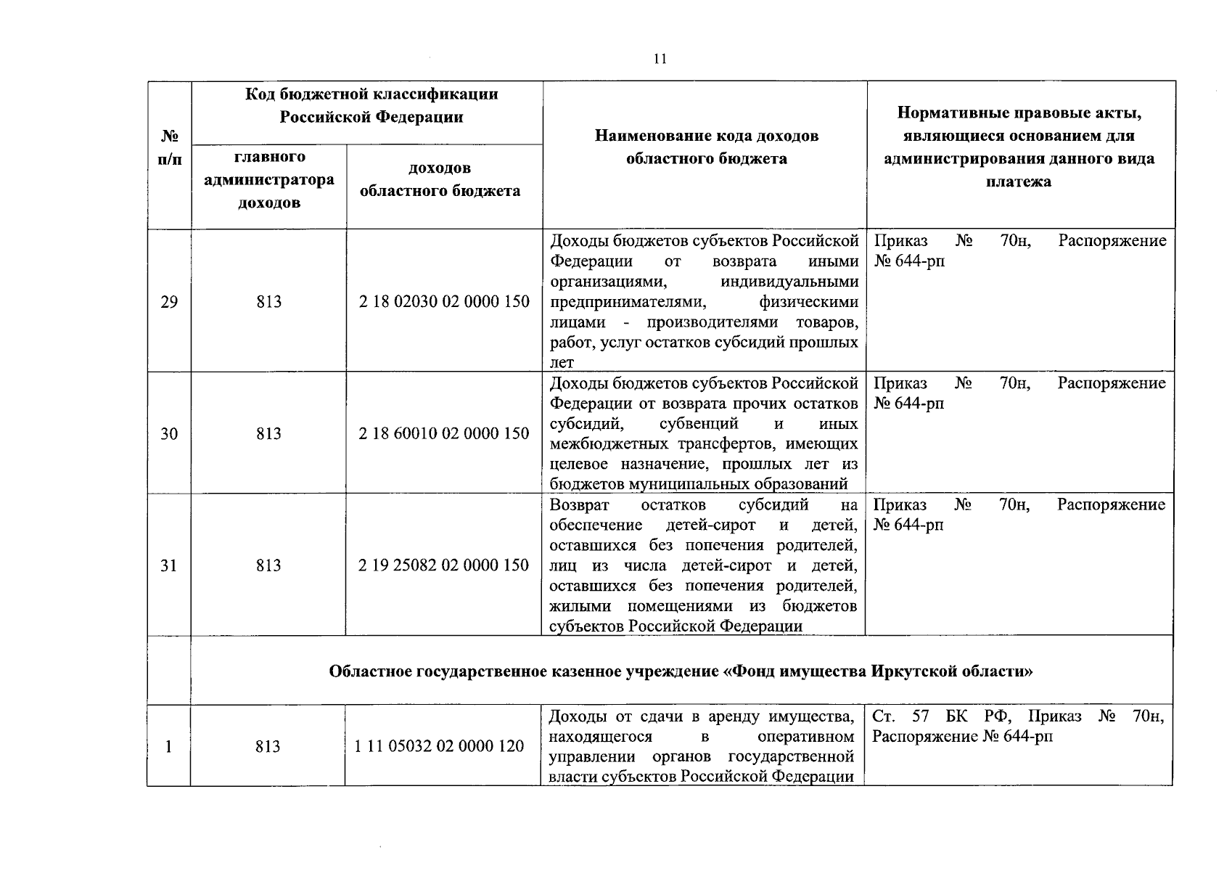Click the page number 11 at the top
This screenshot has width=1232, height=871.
click(659, 60)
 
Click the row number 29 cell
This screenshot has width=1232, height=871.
click(168, 302)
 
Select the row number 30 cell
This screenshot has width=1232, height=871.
click(168, 434)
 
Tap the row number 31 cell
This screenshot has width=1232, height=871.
click(168, 565)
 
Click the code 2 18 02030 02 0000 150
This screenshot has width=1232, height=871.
click(444, 302)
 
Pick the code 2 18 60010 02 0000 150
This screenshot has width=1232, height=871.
click(444, 434)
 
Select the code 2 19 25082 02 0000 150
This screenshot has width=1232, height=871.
click(444, 565)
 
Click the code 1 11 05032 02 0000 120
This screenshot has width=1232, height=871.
click(439, 746)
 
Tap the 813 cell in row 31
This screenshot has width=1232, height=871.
click(268, 565)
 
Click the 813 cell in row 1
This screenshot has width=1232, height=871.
click(268, 746)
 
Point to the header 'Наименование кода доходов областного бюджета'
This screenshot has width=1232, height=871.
click(706, 147)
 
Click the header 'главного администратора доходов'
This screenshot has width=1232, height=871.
click(269, 179)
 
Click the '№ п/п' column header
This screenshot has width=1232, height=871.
click(169, 147)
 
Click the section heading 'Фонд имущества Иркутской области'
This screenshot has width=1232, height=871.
click(681, 671)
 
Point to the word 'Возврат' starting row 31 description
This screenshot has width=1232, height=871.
click(580, 505)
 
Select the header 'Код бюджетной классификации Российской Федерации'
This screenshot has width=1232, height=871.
click(371, 106)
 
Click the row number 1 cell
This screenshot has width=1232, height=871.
click(168, 746)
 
